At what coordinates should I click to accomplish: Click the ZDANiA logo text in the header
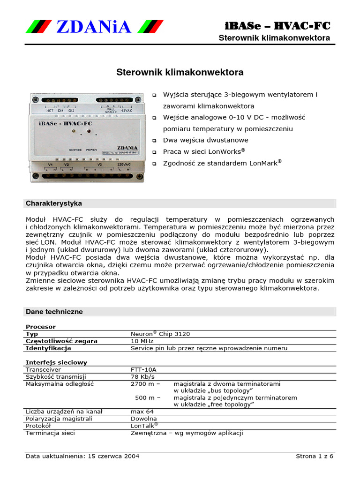pyautogui.click(x=94, y=27)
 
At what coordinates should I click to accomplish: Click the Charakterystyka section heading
pyautogui.click(x=54, y=203)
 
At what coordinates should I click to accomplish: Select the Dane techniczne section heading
pyautogui.click(x=54, y=312)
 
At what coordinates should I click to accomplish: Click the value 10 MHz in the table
pyautogui.click(x=141, y=341)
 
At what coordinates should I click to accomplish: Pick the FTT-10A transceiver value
pyautogui.click(x=143, y=369)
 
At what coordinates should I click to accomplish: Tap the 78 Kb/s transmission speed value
pyautogui.click(x=142, y=376)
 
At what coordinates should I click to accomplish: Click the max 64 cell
pyautogui.click(x=142, y=412)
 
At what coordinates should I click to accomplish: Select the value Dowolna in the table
pyautogui.click(x=143, y=419)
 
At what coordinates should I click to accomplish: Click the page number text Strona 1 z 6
pyautogui.click(x=315, y=456)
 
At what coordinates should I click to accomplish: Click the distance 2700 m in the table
pyautogui.click(x=142, y=383)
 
